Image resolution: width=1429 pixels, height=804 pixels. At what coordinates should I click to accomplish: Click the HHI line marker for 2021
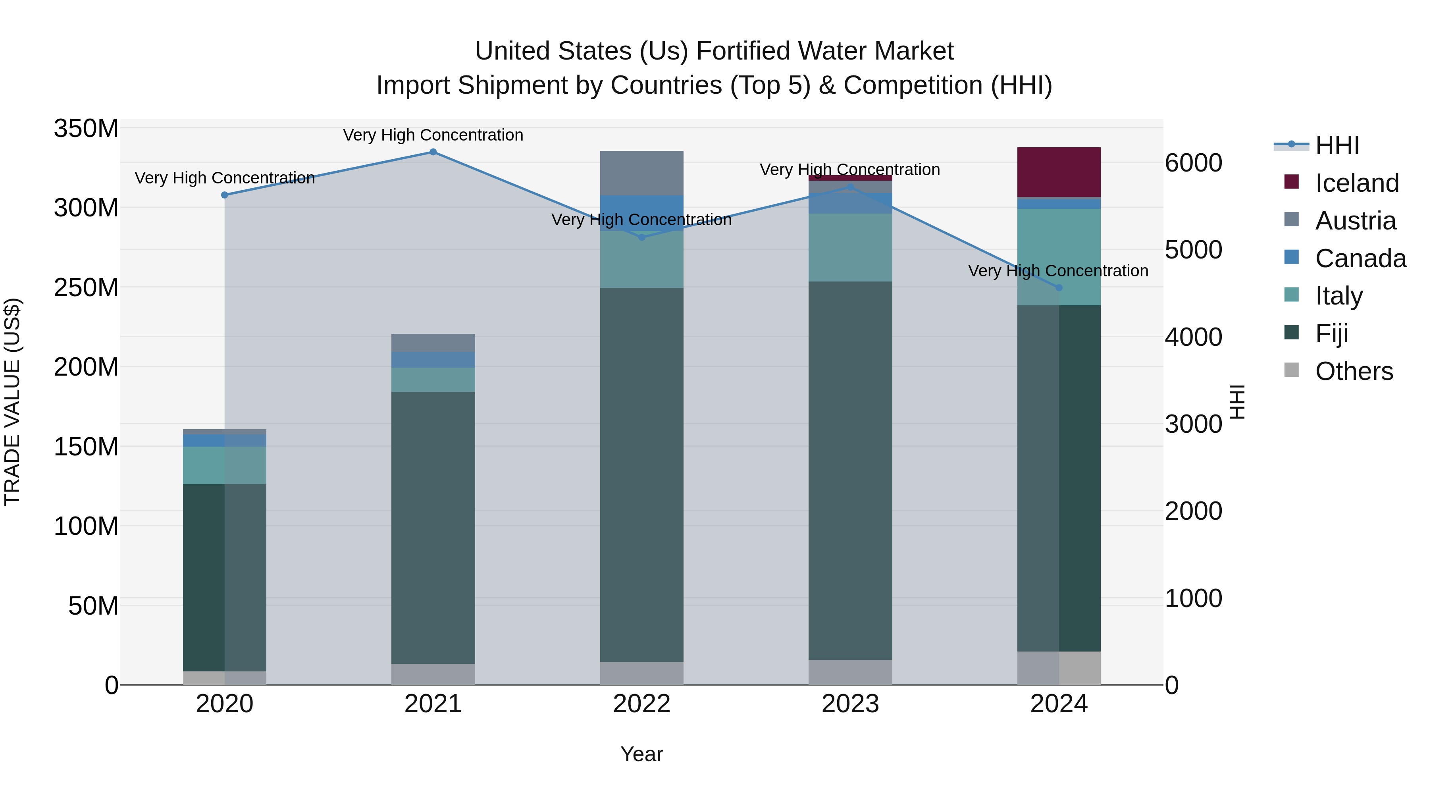[433, 152]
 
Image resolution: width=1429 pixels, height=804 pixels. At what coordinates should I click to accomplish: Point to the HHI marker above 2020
[225, 195]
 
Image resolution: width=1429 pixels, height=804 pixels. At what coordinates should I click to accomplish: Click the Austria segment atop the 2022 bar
[642, 173]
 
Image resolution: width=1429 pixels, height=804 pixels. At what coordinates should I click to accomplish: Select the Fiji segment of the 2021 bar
[433, 527]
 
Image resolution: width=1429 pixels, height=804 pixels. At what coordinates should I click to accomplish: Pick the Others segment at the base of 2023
[850, 672]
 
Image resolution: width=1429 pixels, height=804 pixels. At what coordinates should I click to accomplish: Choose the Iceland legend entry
[1356, 183]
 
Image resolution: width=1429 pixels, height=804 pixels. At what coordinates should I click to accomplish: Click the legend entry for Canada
[1360, 258]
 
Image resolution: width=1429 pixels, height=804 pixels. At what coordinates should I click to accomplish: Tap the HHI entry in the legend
[1337, 145]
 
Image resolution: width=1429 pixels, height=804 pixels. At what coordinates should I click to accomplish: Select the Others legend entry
[1354, 371]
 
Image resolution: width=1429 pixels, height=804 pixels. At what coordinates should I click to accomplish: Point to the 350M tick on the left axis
[86, 129]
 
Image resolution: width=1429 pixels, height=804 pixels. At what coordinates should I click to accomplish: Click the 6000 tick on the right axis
[1193, 163]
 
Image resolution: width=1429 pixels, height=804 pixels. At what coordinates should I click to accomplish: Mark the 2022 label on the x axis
[642, 704]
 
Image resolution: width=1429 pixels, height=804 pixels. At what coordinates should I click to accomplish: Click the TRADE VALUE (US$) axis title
[12, 402]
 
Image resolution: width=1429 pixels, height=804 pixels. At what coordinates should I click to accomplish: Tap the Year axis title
[642, 754]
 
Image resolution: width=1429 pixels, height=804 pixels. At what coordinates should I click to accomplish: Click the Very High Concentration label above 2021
[433, 135]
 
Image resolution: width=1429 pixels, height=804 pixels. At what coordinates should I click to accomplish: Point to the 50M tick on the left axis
[92, 606]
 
